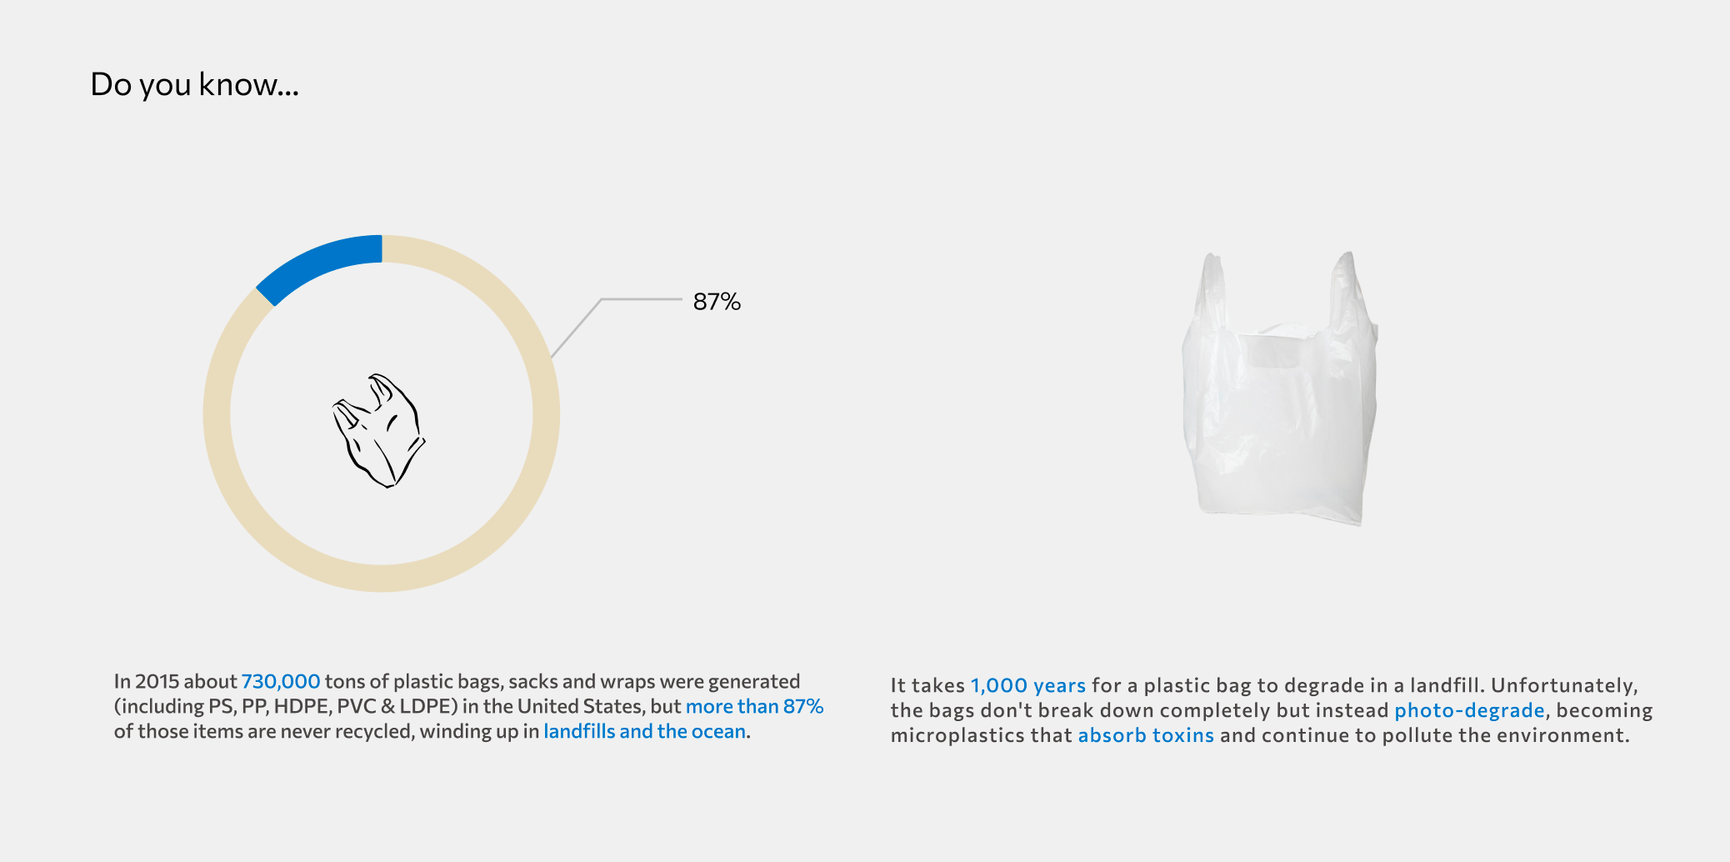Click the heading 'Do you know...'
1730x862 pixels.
click(x=194, y=84)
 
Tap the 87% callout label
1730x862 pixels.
click(x=717, y=301)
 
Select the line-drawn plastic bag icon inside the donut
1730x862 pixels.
click(x=379, y=430)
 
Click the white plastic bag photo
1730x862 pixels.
click(x=1280, y=388)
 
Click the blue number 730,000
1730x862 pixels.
click(x=281, y=681)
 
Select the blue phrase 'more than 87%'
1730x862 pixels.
click(x=754, y=706)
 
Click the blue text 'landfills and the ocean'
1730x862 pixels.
click(x=644, y=731)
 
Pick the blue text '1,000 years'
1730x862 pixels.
click(x=1028, y=685)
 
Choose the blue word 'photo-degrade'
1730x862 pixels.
click(x=1470, y=710)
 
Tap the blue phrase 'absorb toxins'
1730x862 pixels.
click(x=1146, y=735)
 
